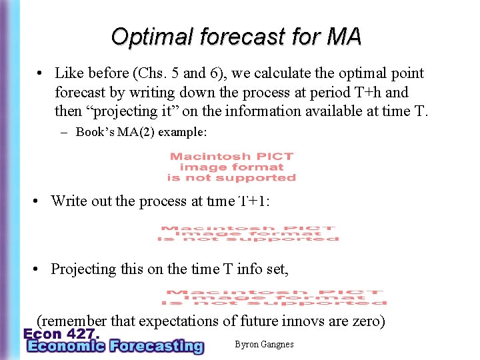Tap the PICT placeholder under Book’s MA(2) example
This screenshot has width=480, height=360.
point(231,167)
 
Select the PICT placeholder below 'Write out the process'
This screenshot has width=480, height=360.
point(248,233)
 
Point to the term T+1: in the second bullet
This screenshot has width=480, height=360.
point(255,201)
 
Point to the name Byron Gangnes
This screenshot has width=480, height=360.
point(264,344)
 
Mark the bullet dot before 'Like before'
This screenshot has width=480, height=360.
point(41,74)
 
